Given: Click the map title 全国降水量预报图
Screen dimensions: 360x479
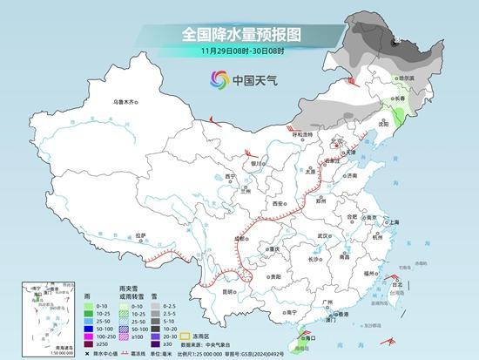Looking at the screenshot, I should [239, 35].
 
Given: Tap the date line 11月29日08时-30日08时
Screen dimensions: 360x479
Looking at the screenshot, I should [239, 51].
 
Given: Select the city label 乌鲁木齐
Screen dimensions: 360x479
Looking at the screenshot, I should [125, 102].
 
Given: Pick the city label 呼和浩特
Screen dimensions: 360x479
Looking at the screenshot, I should [301, 134].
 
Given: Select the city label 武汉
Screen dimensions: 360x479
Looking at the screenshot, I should [326, 235].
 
